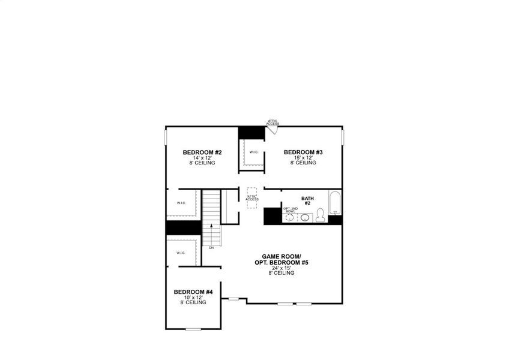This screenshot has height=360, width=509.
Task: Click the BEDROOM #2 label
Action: coord(199,152)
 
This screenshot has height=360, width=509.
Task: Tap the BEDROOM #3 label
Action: coord(303,152)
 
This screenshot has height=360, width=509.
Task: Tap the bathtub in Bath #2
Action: coord(334,203)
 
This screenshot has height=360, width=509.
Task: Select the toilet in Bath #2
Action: coord(321,215)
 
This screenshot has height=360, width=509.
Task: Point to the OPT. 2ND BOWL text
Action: coord(290,210)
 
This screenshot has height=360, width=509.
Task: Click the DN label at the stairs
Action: coord(211,247)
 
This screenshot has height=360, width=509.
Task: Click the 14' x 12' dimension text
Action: coord(199,158)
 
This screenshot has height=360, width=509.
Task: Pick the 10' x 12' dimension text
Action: coord(193,298)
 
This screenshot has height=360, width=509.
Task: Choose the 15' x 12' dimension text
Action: coord(303,158)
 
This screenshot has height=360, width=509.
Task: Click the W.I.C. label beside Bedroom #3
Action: coord(254,152)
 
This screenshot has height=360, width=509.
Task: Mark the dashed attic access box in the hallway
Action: coord(252,197)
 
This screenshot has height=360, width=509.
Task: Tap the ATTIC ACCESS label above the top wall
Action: coord(273,122)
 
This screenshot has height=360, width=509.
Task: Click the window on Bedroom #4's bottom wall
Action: coord(193,329)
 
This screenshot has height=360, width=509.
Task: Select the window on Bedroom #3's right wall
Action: coord(343,137)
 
